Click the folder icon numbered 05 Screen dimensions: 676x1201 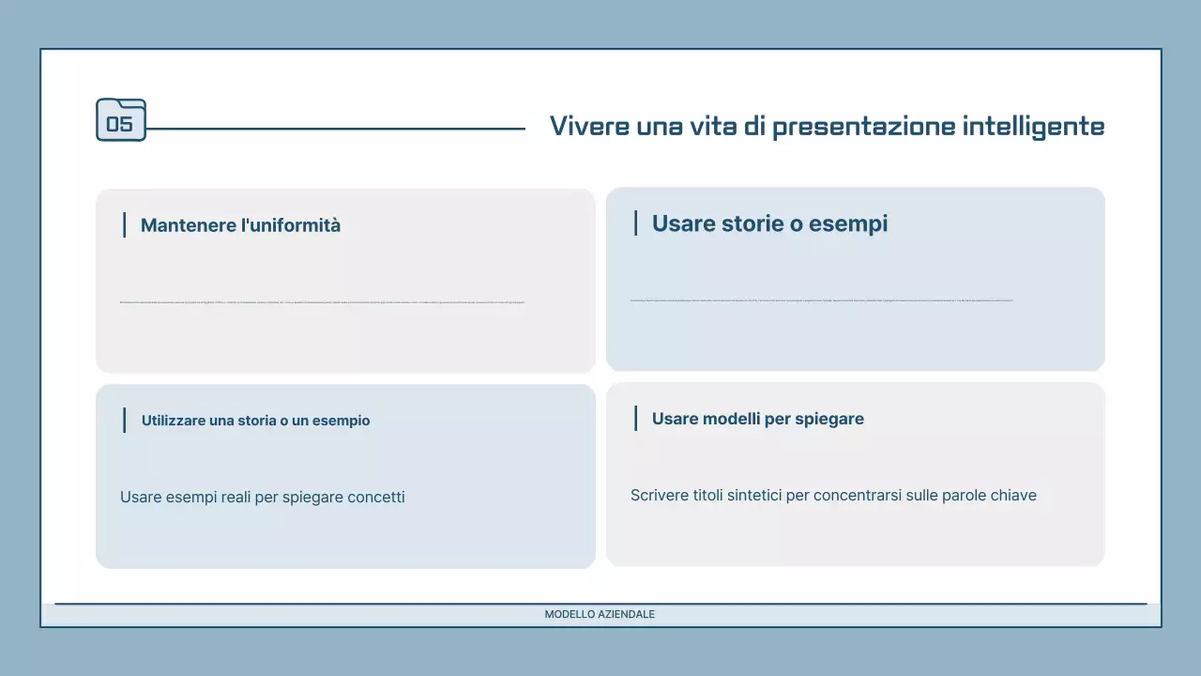coord(121,120)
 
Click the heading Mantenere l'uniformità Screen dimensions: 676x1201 coord(240,225)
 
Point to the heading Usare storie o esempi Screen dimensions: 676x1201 coord(769,223)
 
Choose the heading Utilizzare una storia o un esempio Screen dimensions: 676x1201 coord(255,421)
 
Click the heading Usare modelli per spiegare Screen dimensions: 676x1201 coord(757,419)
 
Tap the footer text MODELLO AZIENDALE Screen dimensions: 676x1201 coord(600,614)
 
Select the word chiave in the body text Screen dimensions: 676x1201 coord(1013,495)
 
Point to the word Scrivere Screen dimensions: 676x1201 coord(659,495)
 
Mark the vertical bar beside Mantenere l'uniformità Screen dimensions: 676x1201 coord(124,225)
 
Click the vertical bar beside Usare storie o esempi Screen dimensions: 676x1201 coord(635,223)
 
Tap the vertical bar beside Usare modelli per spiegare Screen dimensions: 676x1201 coord(635,419)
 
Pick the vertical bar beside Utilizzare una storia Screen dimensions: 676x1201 coord(124,421)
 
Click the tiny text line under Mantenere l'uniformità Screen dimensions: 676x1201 coord(322,302)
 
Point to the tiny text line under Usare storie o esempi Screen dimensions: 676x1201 coord(821,300)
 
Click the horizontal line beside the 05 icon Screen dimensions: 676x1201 coord(336,129)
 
